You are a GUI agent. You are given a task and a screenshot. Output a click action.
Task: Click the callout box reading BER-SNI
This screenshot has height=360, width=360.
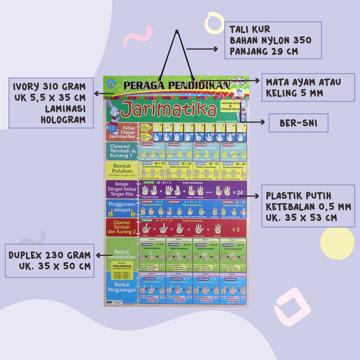click(298, 123)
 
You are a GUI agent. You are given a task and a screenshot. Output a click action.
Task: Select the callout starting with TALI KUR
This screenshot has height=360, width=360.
click(273, 40)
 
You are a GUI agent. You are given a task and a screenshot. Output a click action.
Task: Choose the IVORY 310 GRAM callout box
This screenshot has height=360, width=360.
click(51, 103)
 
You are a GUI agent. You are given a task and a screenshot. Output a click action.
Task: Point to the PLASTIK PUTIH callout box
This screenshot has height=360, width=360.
click(308, 206)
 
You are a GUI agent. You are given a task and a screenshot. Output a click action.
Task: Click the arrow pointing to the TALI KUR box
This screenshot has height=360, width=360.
click(202, 49)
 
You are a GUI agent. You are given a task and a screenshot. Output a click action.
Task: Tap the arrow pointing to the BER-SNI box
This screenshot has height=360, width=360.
click(258, 122)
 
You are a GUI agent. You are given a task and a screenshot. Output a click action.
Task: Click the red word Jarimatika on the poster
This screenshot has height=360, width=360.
click(170, 110)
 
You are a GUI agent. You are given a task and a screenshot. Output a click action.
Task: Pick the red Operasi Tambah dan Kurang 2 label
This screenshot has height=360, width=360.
click(121, 227)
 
